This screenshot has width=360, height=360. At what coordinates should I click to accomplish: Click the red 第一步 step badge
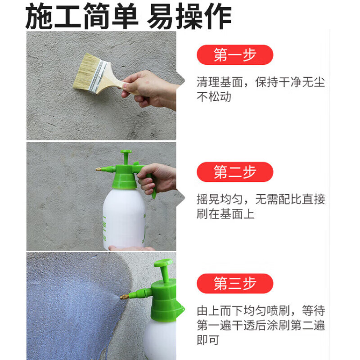point(235,55)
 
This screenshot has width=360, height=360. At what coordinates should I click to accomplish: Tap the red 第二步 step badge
point(235,172)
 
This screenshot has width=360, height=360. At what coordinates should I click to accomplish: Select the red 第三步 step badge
point(235,283)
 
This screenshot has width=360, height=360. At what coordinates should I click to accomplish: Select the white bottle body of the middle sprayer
point(124,216)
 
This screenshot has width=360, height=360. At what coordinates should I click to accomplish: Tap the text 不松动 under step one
point(214,96)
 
